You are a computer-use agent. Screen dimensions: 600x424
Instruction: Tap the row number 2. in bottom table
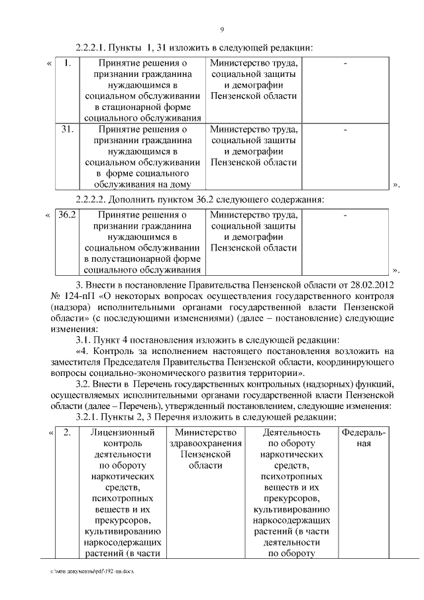[67, 433]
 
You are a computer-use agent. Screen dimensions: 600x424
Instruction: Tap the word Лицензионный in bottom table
[120, 433]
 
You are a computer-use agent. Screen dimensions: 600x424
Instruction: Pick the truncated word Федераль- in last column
[364, 433]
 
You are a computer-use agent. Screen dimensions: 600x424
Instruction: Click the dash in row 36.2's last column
[345, 216]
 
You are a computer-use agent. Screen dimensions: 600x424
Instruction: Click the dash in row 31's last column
[345, 131]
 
